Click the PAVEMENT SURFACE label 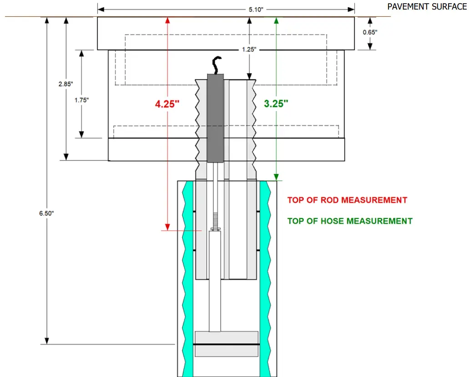[427, 6]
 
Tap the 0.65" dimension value [369, 32]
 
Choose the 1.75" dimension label [81, 100]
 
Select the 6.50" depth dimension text [46, 213]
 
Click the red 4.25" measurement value [167, 104]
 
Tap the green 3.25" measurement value [276, 103]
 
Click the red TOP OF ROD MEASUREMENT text [347, 200]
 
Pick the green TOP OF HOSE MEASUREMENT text [350, 221]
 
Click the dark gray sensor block [216, 117]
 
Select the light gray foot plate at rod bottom [226, 337]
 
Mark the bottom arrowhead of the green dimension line [276, 177]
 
